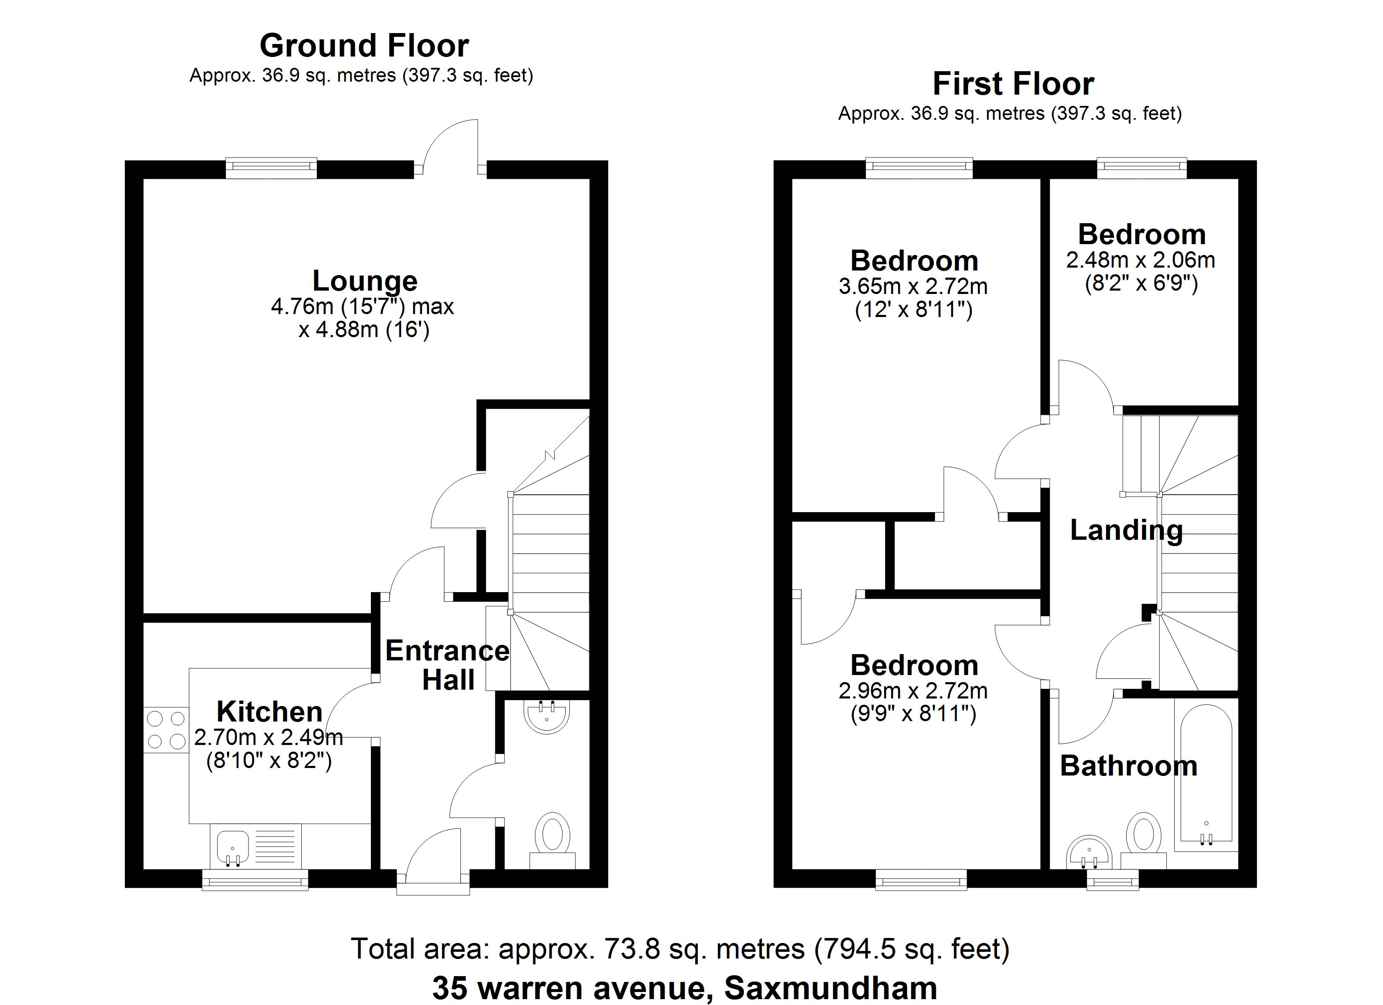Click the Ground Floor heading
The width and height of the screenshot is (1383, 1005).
[364, 46]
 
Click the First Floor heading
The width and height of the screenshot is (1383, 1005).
[1013, 84]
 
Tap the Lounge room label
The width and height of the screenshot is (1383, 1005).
[365, 281]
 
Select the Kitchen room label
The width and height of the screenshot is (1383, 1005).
[269, 711]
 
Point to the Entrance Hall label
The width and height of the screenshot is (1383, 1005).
[448, 665]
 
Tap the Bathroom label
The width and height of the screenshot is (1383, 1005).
[1129, 766]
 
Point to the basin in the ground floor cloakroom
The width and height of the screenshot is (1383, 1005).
[546, 717]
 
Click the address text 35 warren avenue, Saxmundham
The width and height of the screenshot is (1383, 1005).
[685, 988]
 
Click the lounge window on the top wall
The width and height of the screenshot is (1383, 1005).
[271, 168]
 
